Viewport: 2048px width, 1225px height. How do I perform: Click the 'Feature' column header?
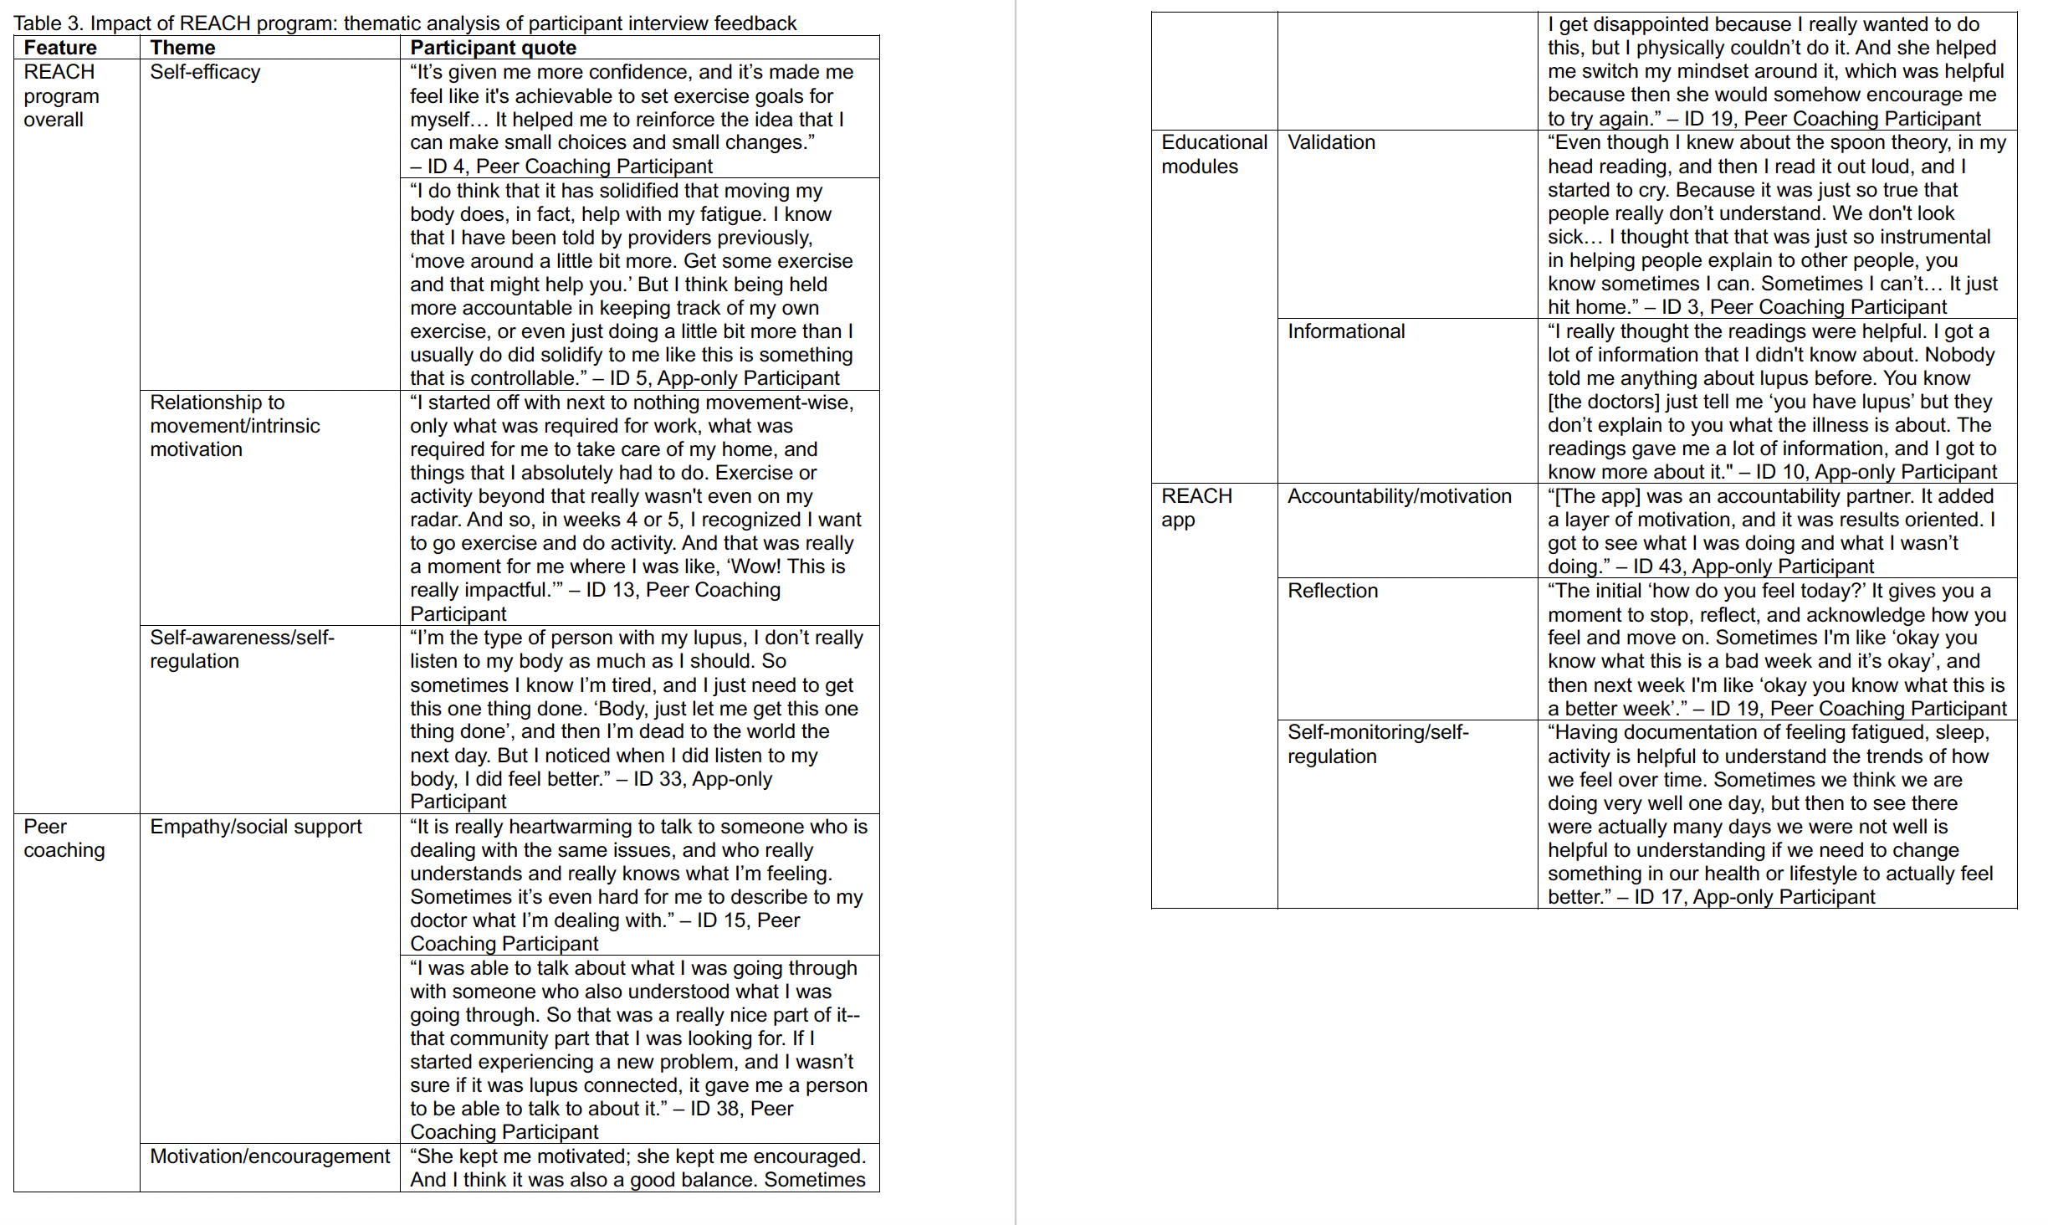[60, 48]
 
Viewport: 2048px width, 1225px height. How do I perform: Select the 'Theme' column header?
[182, 48]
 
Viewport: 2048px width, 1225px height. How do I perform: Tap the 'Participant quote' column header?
[493, 48]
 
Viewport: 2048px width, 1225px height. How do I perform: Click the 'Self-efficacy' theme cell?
[205, 72]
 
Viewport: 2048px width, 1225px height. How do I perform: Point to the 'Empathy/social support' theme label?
[255, 827]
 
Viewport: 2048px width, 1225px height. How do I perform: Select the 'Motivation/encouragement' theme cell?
[269, 1156]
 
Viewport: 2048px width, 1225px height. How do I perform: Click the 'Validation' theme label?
[1331, 142]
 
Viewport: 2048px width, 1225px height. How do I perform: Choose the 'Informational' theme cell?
[1346, 331]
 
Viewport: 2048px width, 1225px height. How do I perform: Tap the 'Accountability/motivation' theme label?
[1399, 496]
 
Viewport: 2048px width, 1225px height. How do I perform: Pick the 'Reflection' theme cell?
[1332, 591]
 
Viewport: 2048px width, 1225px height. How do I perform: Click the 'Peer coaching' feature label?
[64, 838]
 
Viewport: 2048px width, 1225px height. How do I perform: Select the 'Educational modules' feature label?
[1214, 154]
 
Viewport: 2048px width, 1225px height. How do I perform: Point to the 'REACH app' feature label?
[1196, 508]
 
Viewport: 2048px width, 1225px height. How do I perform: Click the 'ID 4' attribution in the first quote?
[446, 167]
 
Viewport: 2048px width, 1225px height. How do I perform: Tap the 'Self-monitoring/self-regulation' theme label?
[1377, 744]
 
